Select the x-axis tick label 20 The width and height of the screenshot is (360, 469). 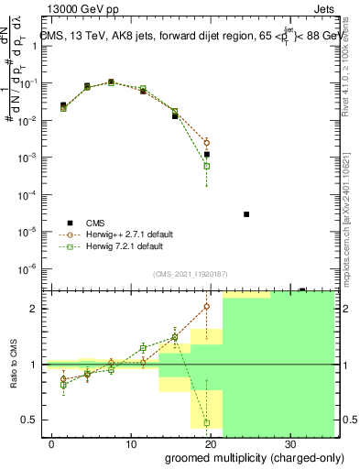coord(211,443)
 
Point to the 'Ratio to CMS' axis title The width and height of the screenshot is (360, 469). coord(13,364)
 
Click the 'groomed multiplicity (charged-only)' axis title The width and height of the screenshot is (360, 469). coord(248,457)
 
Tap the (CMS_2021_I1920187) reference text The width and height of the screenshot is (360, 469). coord(190,273)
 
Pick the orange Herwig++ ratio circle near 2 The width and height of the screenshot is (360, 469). coord(207,307)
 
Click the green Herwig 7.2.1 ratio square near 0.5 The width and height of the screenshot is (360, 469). coord(207,422)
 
